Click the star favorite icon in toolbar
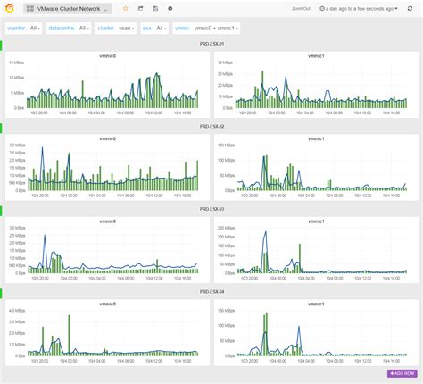(125, 8)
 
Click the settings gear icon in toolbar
(170, 8)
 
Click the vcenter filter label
(16, 28)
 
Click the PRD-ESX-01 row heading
(211, 43)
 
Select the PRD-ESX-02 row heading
(211, 127)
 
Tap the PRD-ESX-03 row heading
(211, 209)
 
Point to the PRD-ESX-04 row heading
(211, 292)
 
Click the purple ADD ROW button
(401, 372)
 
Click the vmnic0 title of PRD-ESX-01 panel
(110, 56)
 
